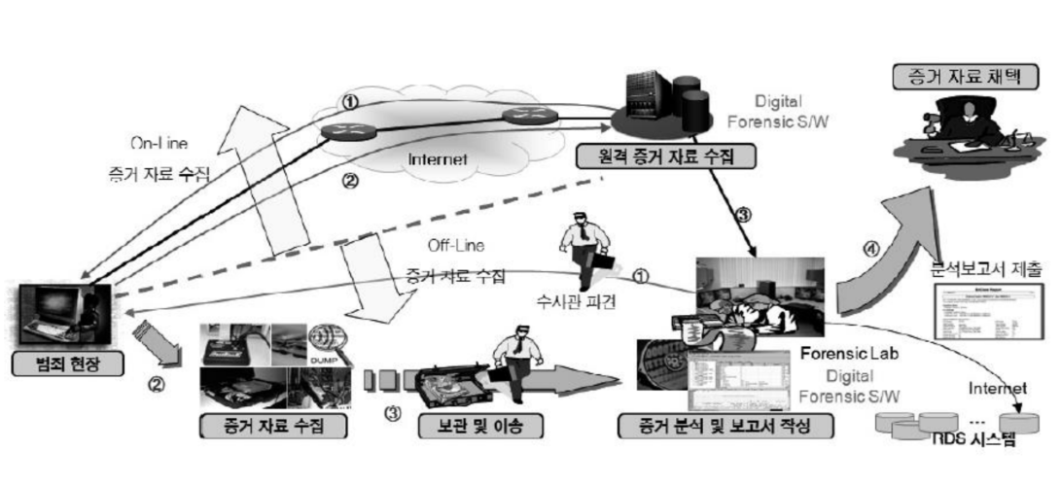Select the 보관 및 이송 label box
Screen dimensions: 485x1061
(x=476, y=426)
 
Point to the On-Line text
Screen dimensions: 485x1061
(x=159, y=143)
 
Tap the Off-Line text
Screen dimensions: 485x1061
(x=456, y=246)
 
